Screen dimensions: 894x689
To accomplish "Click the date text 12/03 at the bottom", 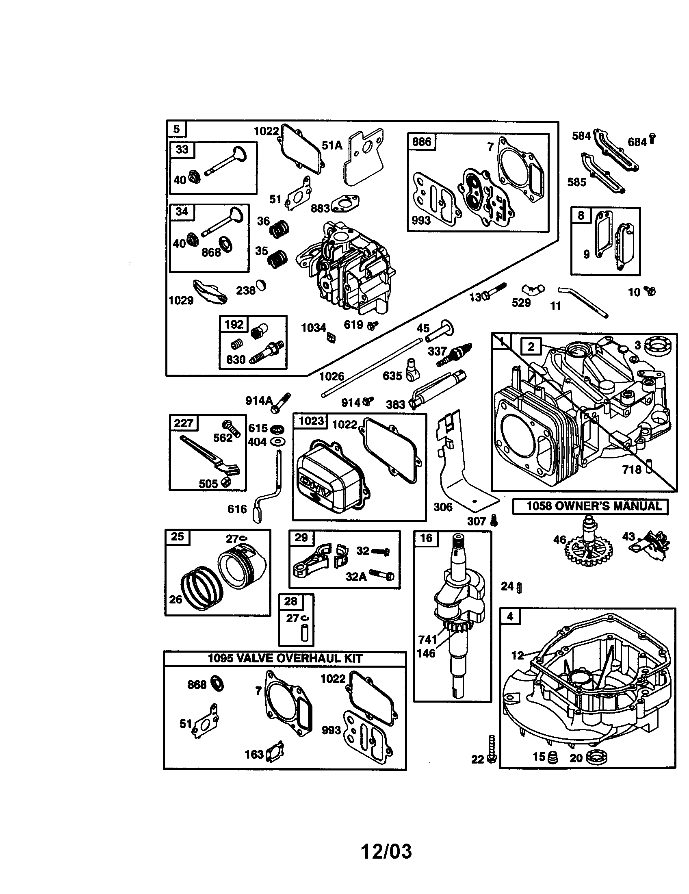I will (x=386, y=851).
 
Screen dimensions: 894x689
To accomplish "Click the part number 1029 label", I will (x=181, y=300).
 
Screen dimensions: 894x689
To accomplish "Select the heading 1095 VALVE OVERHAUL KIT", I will (x=285, y=658).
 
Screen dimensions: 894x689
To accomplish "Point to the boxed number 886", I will (x=421, y=142).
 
